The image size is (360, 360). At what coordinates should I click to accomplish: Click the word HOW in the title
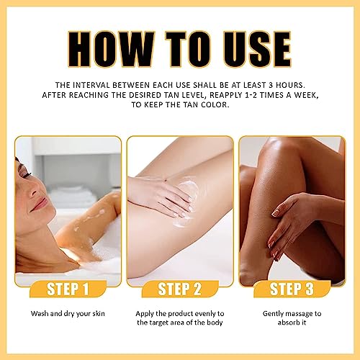coord(111,49)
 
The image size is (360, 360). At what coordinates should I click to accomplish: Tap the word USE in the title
coord(257,49)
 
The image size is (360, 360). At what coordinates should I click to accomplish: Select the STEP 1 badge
coord(68,289)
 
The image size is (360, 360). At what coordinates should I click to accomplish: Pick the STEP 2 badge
coord(180,289)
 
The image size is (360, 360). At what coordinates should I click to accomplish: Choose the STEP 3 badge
coord(292,289)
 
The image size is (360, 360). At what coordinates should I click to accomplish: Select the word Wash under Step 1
coord(39,313)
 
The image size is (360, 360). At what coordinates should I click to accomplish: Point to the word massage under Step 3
coord(298,314)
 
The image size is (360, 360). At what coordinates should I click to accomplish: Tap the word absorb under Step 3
coord(287,323)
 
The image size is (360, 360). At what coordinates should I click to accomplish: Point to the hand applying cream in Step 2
coord(163,196)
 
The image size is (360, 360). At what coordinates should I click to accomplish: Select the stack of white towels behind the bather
coord(72,196)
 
